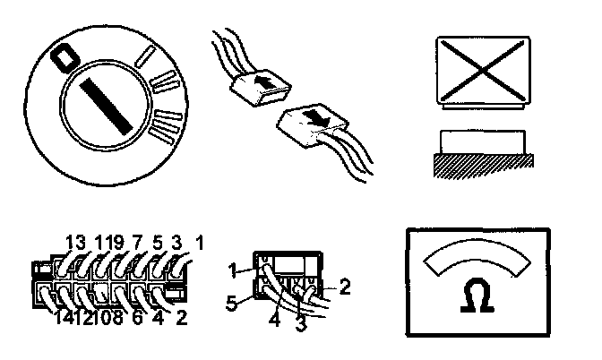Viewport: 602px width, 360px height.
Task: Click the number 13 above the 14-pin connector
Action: [76, 241]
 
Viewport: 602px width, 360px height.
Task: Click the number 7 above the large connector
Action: [137, 241]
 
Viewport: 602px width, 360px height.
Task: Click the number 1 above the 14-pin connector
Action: [199, 241]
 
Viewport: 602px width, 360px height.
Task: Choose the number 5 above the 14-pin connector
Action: [158, 241]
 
